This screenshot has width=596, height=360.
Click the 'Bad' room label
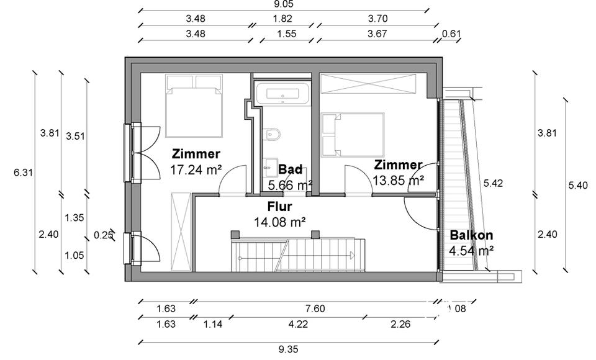(290, 169)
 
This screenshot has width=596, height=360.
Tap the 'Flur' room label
(280, 207)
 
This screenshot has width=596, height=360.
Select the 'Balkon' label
(471, 235)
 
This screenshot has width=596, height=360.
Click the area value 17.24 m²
(196, 169)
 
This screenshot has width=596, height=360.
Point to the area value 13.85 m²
(398, 180)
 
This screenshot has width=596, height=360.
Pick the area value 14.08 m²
(280, 221)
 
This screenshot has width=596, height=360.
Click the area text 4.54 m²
(471, 251)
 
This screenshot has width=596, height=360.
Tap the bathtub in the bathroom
(282, 94)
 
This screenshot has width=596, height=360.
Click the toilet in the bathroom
(271, 134)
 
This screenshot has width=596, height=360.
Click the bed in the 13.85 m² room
(353, 134)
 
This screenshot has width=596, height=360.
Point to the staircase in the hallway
(295, 254)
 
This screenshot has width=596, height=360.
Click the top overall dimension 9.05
(283, 4)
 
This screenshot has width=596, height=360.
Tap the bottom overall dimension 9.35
(287, 349)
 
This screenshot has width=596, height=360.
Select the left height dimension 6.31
(23, 173)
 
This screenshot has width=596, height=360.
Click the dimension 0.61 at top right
(451, 34)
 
